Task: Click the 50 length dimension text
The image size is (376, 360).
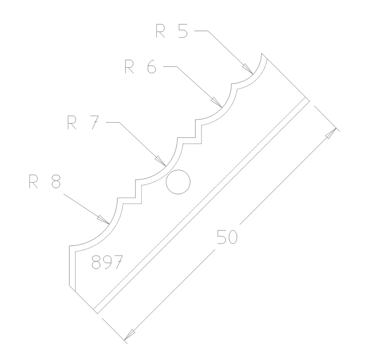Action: [x=227, y=237]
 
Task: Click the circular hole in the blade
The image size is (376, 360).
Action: [x=178, y=182]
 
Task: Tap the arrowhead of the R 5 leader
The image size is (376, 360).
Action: [x=248, y=69]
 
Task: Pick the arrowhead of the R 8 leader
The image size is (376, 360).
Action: [x=103, y=219]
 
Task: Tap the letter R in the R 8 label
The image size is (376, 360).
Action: [x=34, y=182]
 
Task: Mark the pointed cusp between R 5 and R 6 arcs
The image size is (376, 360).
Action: [x=232, y=85]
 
